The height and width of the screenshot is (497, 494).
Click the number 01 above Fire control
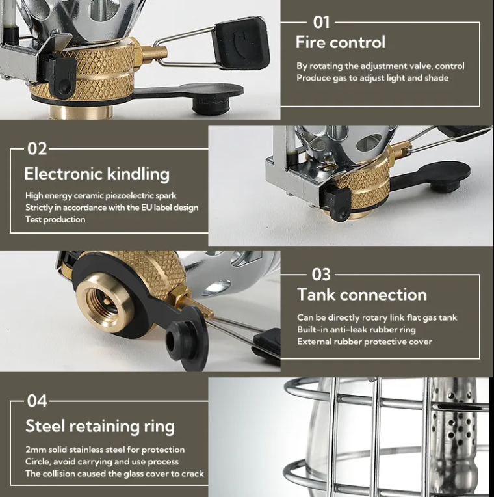[321, 23]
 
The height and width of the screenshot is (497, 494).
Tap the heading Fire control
[341, 42]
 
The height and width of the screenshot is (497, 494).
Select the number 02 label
[37, 149]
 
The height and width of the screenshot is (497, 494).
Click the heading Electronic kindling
[97, 174]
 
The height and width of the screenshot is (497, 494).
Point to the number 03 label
[321, 275]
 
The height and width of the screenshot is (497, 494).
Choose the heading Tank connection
[362, 295]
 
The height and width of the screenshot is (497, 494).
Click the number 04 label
[37, 401]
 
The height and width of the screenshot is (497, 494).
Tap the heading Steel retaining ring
[99, 426]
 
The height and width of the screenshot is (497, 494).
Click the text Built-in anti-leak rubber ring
[356, 330]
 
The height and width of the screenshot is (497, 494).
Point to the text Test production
[55, 219]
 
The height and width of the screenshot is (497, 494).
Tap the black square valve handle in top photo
[240, 43]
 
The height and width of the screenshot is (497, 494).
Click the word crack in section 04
[192, 474]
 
